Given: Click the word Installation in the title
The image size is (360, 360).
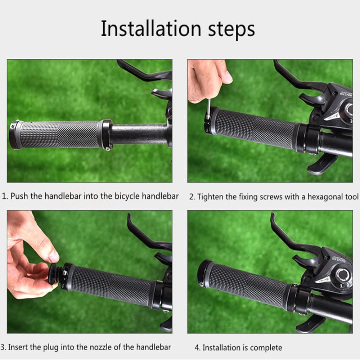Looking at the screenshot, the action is point(151,28).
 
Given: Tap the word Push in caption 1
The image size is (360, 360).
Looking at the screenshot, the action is point(19,196).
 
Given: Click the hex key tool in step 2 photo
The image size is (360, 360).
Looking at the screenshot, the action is point(209,108).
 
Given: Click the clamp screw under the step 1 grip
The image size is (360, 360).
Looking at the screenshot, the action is point(108,149).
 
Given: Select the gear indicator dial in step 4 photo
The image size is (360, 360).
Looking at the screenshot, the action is point(343,275).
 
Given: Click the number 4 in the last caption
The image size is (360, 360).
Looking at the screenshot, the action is point(197,348).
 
